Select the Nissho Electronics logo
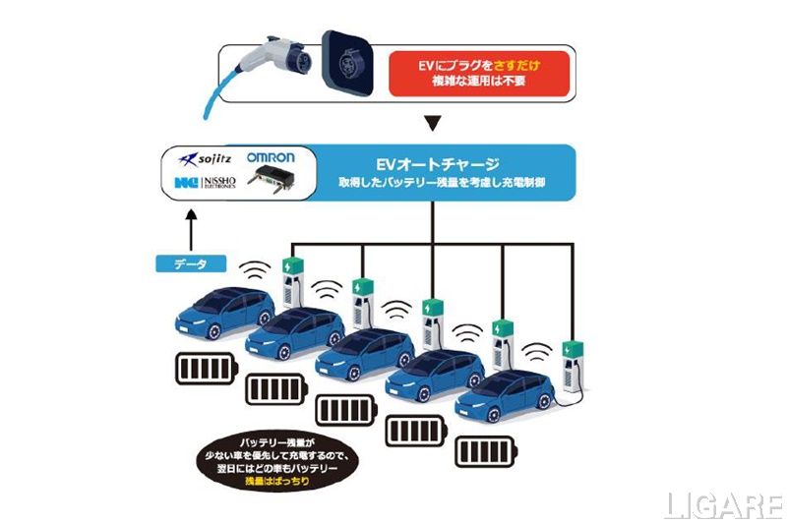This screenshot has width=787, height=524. click(x=208, y=182)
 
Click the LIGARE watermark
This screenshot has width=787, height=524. click(x=722, y=504)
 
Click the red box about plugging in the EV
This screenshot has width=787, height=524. click(x=478, y=72)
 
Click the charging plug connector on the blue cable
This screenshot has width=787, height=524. click(x=284, y=53)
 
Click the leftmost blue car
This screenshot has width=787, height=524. click(x=223, y=311)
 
